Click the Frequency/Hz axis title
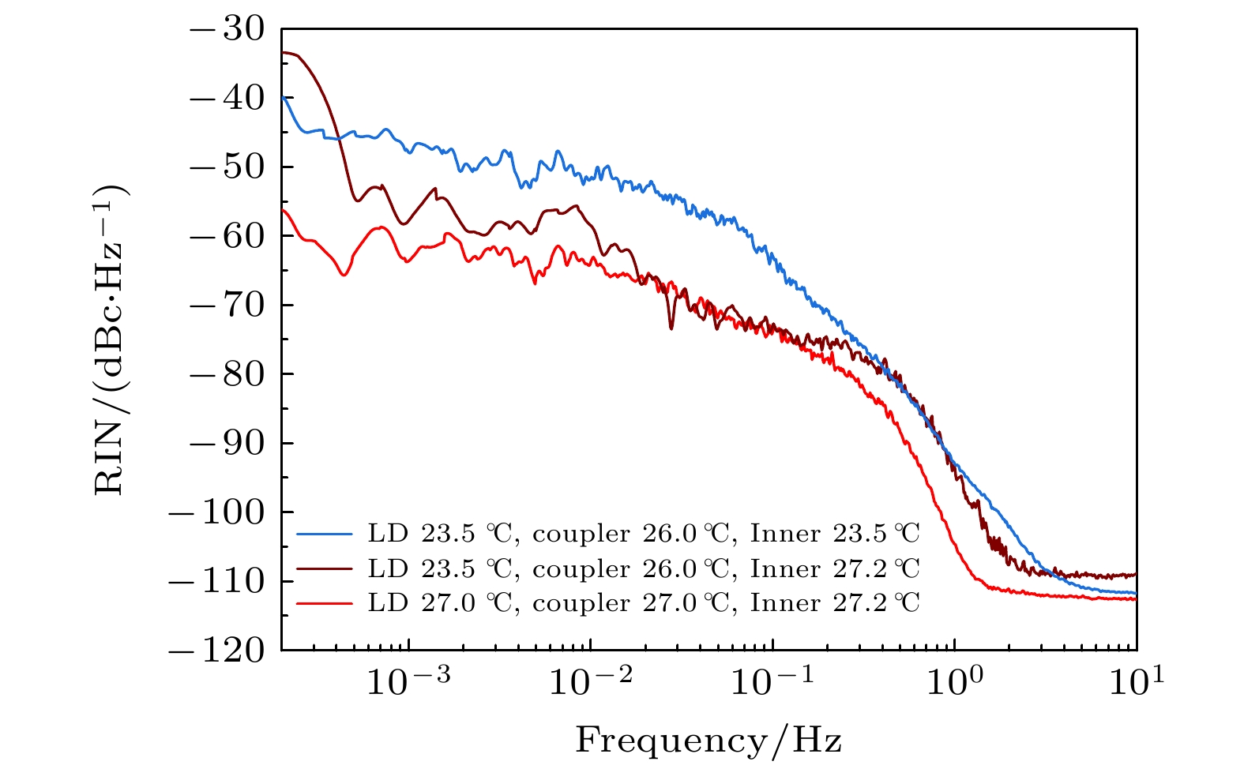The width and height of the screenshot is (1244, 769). pyautogui.click(x=708, y=741)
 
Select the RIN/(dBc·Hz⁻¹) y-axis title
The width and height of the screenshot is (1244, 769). pyautogui.click(x=111, y=339)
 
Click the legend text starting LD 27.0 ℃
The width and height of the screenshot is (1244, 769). pyautogui.click(x=644, y=603)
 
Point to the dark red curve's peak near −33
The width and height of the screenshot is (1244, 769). pyautogui.click(x=286, y=52)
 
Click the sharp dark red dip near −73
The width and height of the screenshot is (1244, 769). pyautogui.click(x=671, y=327)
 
